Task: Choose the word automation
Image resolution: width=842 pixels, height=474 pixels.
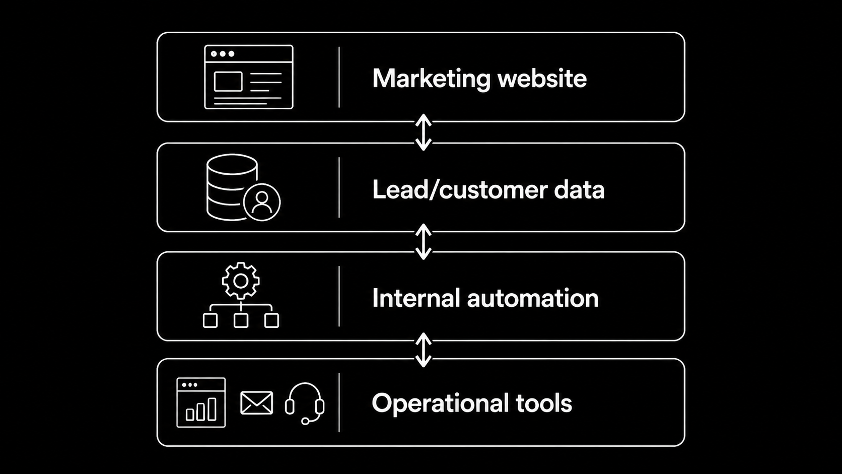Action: tap(533, 299)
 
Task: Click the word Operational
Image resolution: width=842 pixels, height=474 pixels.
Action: tap(440, 403)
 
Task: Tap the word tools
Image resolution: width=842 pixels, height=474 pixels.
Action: tap(543, 403)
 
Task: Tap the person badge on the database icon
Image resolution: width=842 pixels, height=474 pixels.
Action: tap(262, 202)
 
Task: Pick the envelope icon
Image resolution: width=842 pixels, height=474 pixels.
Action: tap(257, 402)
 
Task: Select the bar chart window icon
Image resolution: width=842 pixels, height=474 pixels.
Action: tap(201, 402)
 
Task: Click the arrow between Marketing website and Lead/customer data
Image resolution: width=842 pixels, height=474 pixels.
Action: tap(423, 132)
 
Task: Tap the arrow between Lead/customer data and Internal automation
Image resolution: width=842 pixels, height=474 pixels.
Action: tap(423, 242)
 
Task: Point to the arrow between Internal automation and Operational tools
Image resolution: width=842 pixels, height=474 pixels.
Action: tap(423, 350)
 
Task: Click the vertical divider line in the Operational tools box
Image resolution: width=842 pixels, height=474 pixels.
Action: tap(339, 402)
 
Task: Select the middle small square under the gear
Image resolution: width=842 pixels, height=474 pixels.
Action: tap(241, 321)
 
